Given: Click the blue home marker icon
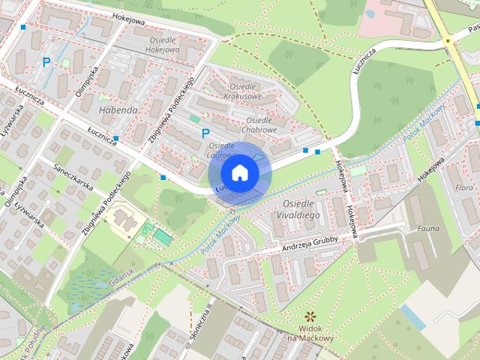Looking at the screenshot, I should coord(239,172).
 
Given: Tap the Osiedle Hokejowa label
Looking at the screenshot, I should coord(157,45).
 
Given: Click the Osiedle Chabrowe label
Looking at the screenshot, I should coord(261,124).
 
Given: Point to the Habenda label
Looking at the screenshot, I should coord(118,109).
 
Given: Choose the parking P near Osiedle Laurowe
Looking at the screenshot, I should coord(205,133).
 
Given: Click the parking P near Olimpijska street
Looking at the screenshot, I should coord(46,63).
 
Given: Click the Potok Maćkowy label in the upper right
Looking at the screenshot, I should coord(424,124).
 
